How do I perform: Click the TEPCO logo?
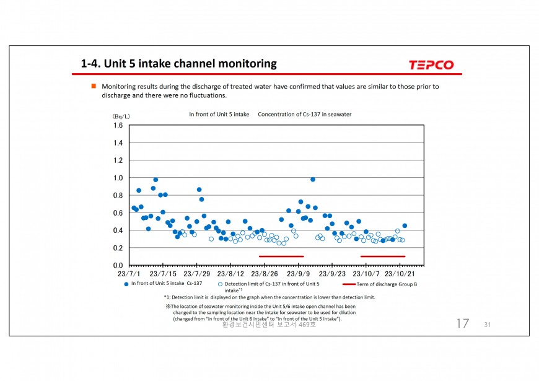pyautogui.click(x=431, y=64)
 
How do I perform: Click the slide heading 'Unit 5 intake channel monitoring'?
pyautogui.click(x=179, y=64)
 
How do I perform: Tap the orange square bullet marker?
pyautogui.click(x=94, y=86)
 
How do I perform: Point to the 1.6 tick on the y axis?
pyautogui.click(x=118, y=126)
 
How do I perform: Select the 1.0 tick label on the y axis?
pyautogui.click(x=118, y=178)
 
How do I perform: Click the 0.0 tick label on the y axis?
pyautogui.click(x=118, y=265)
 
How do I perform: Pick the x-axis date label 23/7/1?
pyautogui.click(x=129, y=274)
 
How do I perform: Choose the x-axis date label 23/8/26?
pyautogui.click(x=265, y=274)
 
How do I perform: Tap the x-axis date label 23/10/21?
pyautogui.click(x=400, y=274)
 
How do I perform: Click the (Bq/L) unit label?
pyautogui.click(x=121, y=116)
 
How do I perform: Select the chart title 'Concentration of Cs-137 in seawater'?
pyautogui.click(x=304, y=115)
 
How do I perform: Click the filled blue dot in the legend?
pyautogui.click(x=126, y=284)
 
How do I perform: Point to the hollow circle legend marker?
pyautogui.click(x=220, y=284)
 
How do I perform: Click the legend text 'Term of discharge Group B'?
pyautogui.click(x=387, y=284)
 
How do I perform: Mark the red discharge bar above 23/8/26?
pyautogui.click(x=281, y=256)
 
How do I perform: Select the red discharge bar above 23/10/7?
pyautogui.click(x=382, y=256)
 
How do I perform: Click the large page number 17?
pyautogui.click(x=462, y=323)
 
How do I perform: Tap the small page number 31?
pyautogui.click(x=488, y=325)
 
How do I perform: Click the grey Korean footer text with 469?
pyautogui.click(x=269, y=324)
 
